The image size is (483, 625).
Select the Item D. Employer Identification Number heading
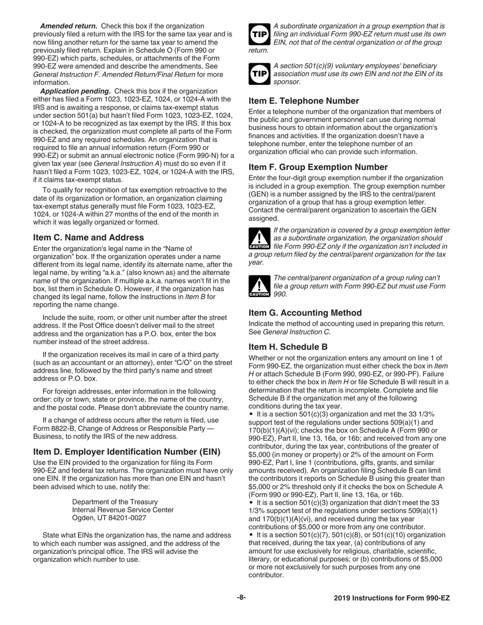[127, 451]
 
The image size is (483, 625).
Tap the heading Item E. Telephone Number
[304, 101]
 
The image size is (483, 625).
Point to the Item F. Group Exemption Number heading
[318, 167]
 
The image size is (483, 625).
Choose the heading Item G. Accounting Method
[305, 312]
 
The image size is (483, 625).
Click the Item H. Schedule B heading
[288, 347]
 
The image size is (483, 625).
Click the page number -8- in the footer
[241, 598]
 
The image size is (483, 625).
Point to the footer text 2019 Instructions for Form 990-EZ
[392, 599]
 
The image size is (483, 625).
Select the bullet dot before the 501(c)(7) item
[251, 535]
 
